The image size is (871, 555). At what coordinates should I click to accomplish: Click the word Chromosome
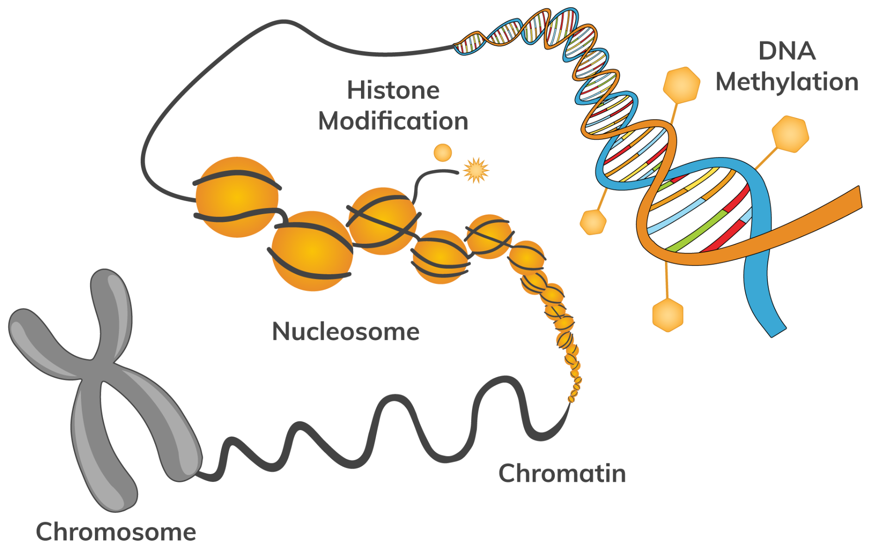116,532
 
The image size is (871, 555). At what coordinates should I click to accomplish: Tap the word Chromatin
562,474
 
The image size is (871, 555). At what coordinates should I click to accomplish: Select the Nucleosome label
346,332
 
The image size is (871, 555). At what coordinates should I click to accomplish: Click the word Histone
393,90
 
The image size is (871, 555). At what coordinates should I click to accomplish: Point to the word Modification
393,122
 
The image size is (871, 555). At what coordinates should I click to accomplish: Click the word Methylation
786,82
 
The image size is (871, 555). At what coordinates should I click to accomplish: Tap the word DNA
787,51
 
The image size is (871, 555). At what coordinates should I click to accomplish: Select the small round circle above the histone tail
442,153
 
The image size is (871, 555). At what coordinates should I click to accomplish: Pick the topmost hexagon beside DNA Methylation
682,84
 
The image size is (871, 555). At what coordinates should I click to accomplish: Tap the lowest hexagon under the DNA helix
667,315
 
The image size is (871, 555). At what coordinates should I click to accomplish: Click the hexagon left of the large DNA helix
593,222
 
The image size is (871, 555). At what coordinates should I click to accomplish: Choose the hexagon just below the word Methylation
790,134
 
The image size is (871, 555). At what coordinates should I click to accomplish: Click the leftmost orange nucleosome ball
236,197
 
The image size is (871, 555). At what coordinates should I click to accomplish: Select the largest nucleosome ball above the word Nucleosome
312,251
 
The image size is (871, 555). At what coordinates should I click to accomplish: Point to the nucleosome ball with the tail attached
382,221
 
